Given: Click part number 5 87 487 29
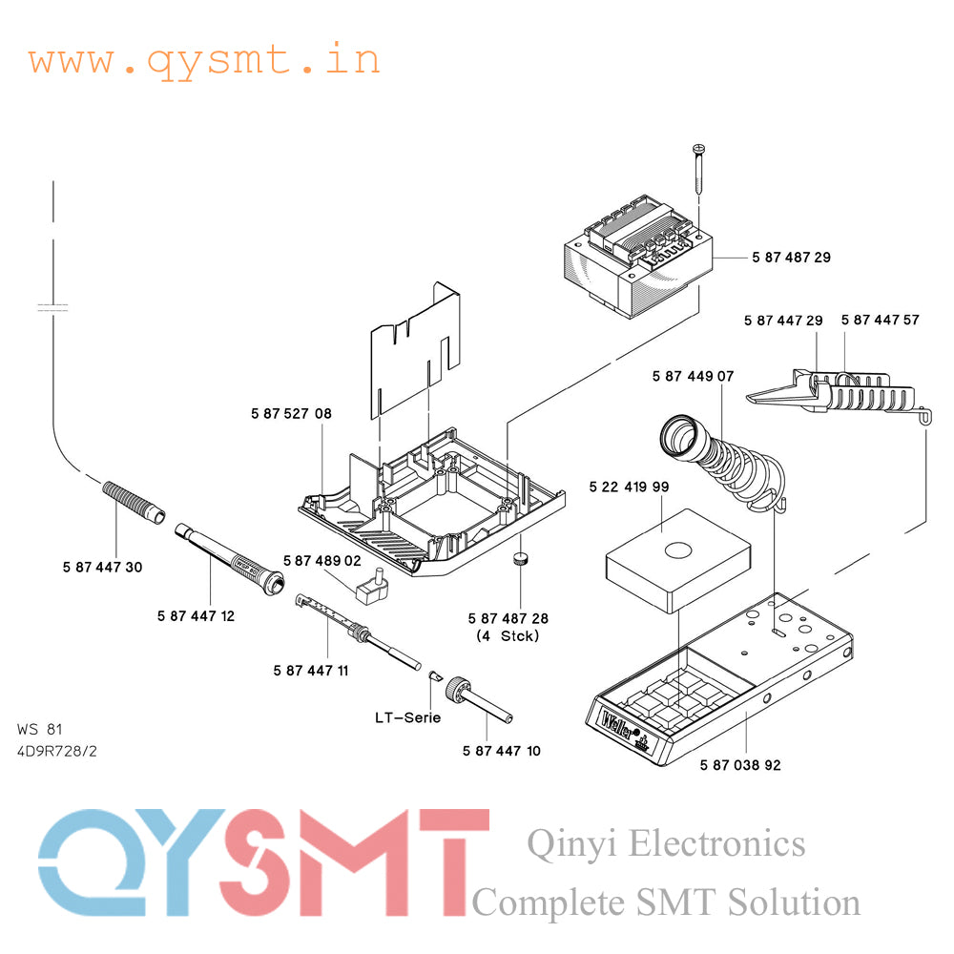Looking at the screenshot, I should click(x=791, y=258).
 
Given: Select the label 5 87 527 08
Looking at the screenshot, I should click(x=292, y=414).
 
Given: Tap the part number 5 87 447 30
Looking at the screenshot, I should click(x=102, y=568).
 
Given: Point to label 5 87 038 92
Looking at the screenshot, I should click(x=740, y=765).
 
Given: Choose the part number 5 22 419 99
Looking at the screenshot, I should click(x=629, y=487).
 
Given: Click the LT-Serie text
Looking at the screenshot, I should click(x=407, y=717).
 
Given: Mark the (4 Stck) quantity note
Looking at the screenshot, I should click(x=507, y=635).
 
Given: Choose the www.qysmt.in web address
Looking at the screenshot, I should click(x=204, y=60).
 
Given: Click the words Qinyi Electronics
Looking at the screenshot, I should click(x=666, y=843).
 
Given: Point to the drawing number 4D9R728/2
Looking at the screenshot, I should click(x=57, y=751).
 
